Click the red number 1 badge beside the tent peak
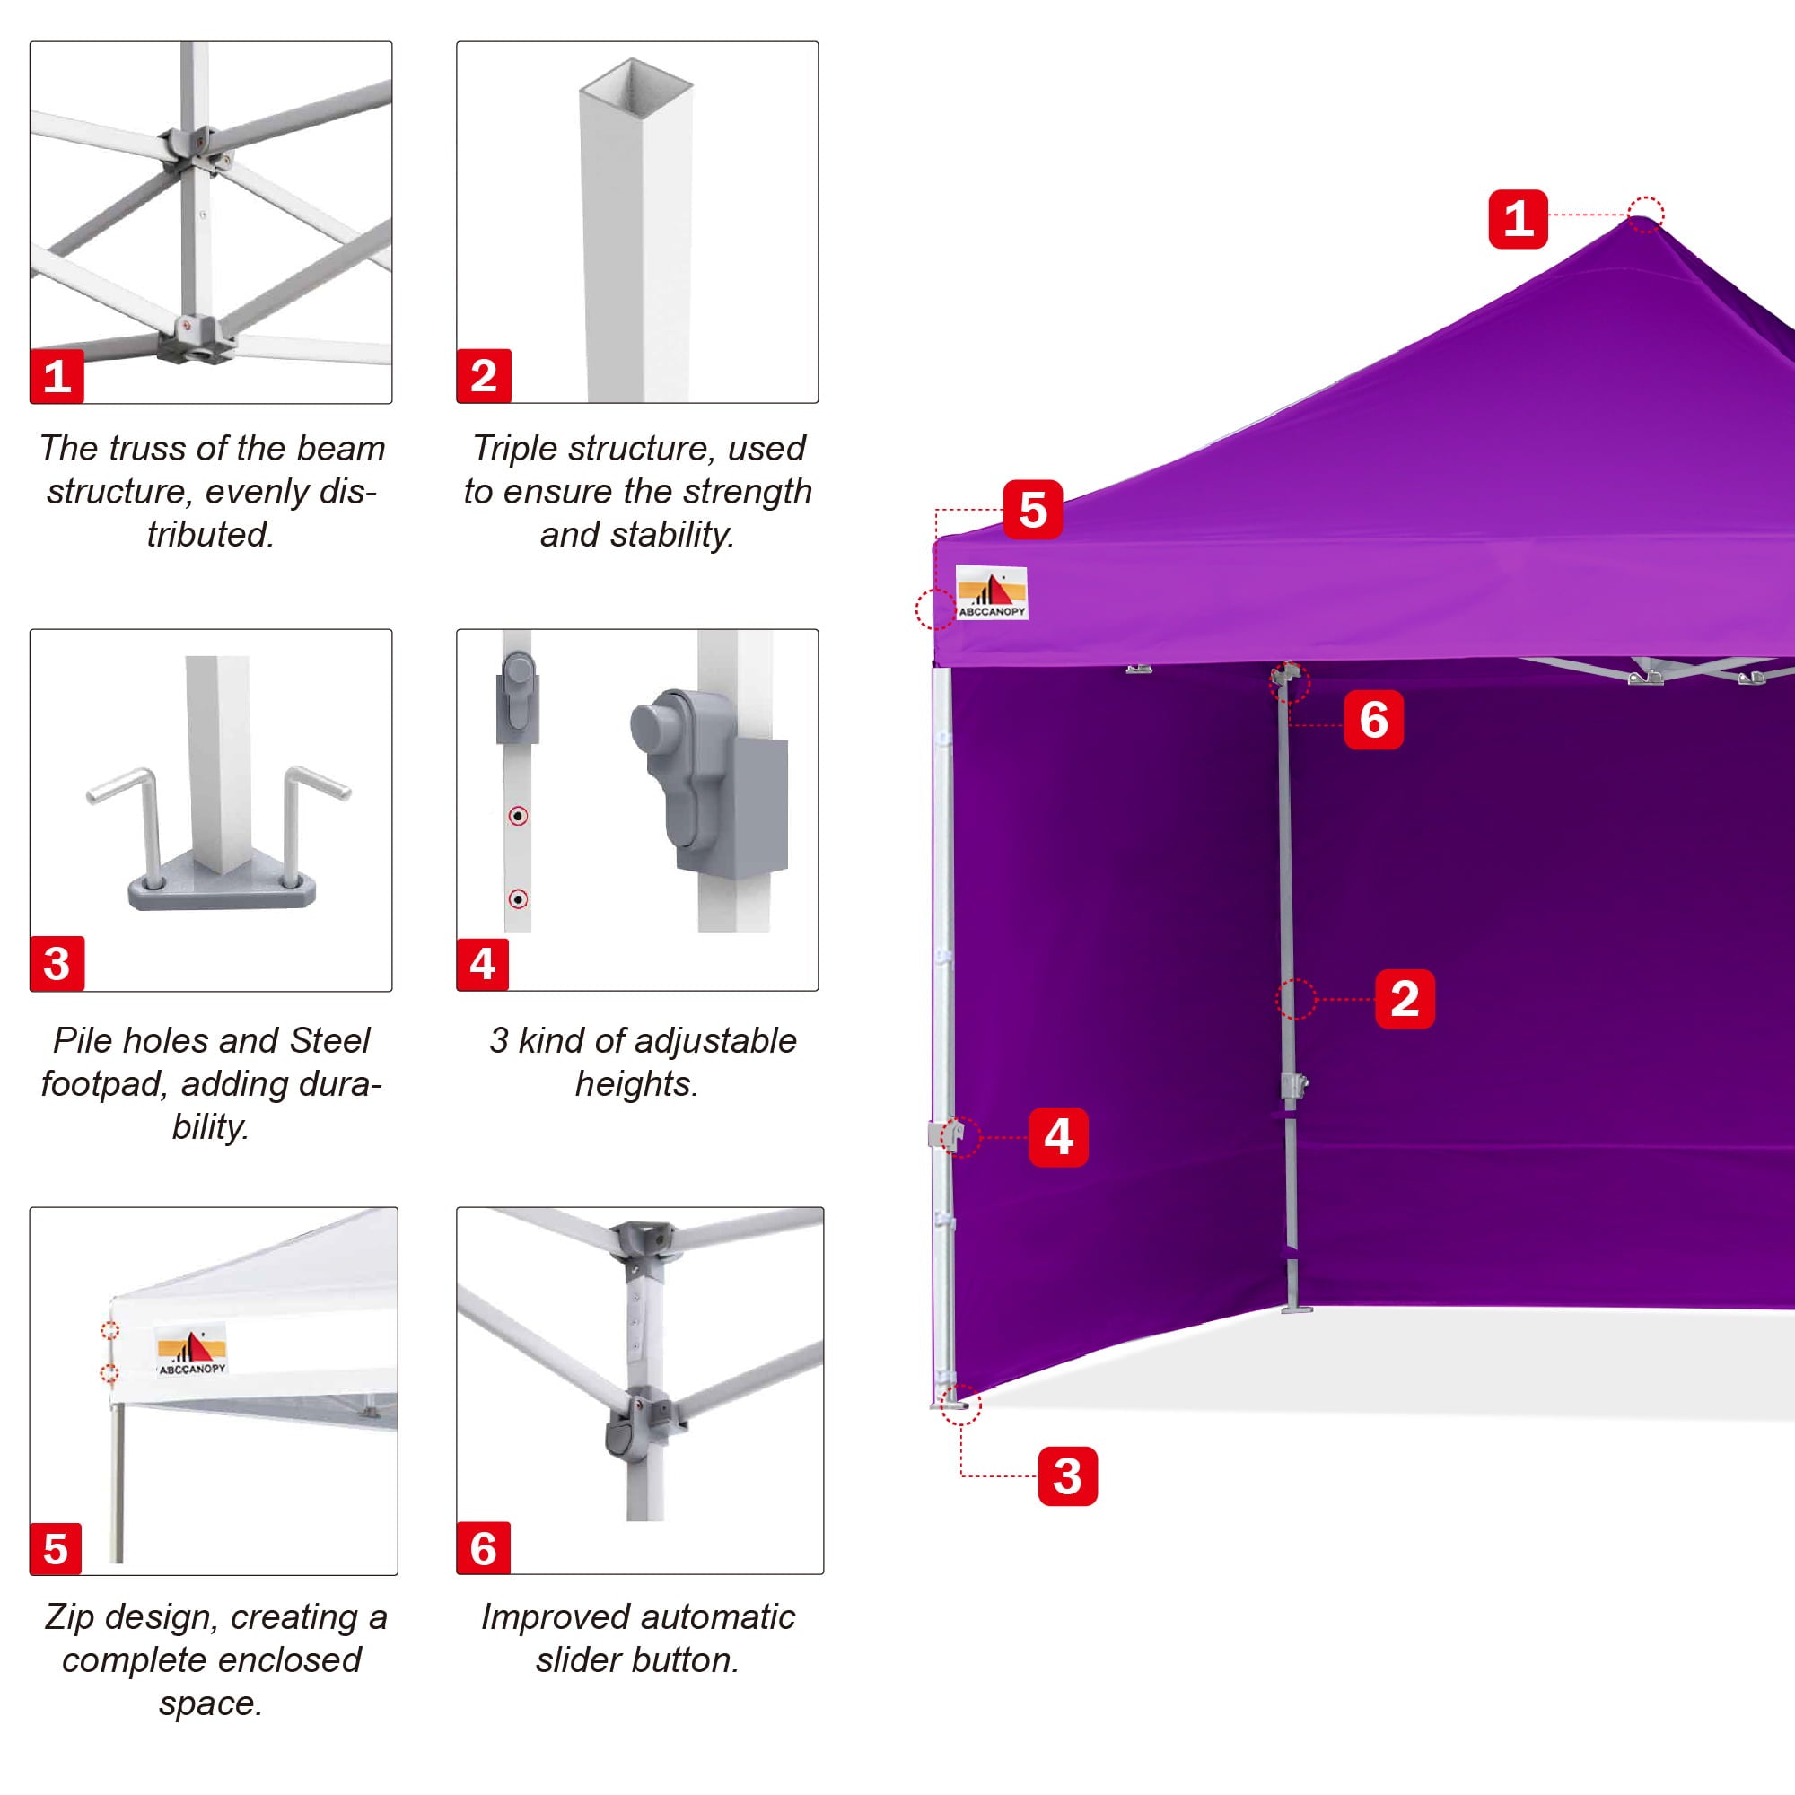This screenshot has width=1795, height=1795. [1517, 219]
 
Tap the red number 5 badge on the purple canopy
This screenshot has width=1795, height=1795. [1032, 509]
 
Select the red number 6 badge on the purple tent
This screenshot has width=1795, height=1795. [1373, 720]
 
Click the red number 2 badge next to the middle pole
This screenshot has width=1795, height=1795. [1404, 999]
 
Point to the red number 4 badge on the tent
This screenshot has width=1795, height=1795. [1058, 1136]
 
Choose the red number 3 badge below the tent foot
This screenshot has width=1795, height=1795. [1066, 1475]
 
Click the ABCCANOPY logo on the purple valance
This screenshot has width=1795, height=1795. [992, 592]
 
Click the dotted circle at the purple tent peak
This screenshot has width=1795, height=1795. [1645, 215]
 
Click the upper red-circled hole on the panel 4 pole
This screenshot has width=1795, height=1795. [519, 816]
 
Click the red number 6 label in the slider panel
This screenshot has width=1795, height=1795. [483, 1549]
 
